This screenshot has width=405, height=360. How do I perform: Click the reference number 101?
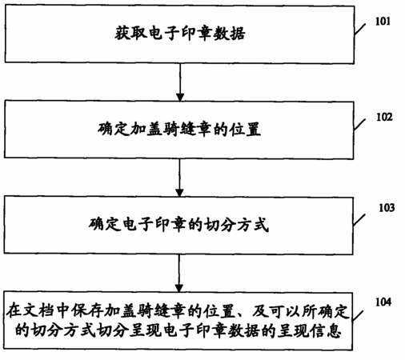383,22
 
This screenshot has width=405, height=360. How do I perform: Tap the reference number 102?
384,117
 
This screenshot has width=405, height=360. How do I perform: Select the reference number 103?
387,208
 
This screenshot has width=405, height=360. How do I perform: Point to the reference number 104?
383,302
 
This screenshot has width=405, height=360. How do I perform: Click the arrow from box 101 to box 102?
180,82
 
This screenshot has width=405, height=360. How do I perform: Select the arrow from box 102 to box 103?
179,178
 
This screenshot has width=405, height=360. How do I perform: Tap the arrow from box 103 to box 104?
179,274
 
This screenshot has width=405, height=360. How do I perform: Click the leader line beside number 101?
360,29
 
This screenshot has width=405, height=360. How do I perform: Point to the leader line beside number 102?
359,124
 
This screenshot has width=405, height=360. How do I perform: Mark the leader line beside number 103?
359,219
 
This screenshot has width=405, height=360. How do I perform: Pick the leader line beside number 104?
359,316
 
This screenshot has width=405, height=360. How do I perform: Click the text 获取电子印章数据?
180,34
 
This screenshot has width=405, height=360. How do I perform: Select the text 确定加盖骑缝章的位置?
179,130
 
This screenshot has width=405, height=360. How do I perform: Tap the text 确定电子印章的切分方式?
178,225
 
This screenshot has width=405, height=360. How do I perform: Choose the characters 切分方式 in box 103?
236,225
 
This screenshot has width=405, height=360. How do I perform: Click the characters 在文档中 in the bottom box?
38,311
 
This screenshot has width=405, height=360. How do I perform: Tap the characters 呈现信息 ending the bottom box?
309,331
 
